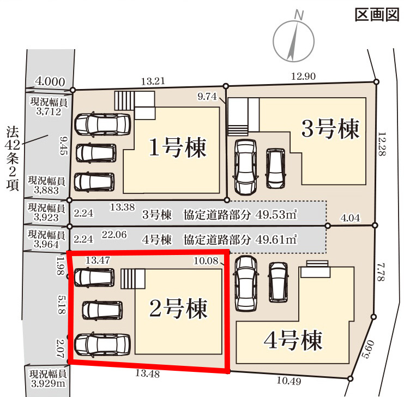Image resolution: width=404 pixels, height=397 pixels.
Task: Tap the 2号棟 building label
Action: (x=178, y=309)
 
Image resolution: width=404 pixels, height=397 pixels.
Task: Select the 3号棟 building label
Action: (x=330, y=129)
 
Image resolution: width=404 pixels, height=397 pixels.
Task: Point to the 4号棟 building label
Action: (x=293, y=340)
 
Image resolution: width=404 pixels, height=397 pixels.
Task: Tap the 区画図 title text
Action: (x=377, y=15)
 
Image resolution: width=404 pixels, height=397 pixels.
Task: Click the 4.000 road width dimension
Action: (x=50, y=81)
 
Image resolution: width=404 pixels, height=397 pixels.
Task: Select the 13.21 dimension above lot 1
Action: (x=153, y=81)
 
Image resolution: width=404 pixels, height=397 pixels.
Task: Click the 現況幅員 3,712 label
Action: (x=49, y=106)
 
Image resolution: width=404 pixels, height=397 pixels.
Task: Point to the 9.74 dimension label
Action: (x=207, y=96)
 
